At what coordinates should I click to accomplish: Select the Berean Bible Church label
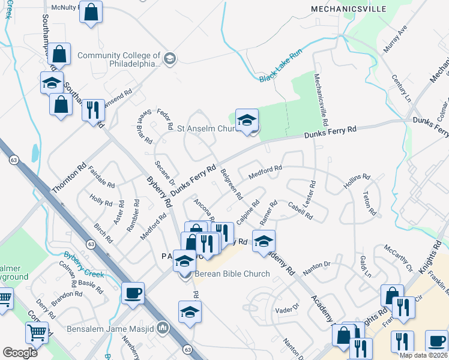[231, 274]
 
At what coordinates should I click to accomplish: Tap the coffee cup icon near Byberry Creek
[133, 293]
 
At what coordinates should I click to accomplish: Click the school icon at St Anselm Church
[247, 120]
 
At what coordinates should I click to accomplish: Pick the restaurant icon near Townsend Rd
[93, 110]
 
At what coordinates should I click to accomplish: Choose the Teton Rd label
[369, 203]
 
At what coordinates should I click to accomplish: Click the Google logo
[20, 353]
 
